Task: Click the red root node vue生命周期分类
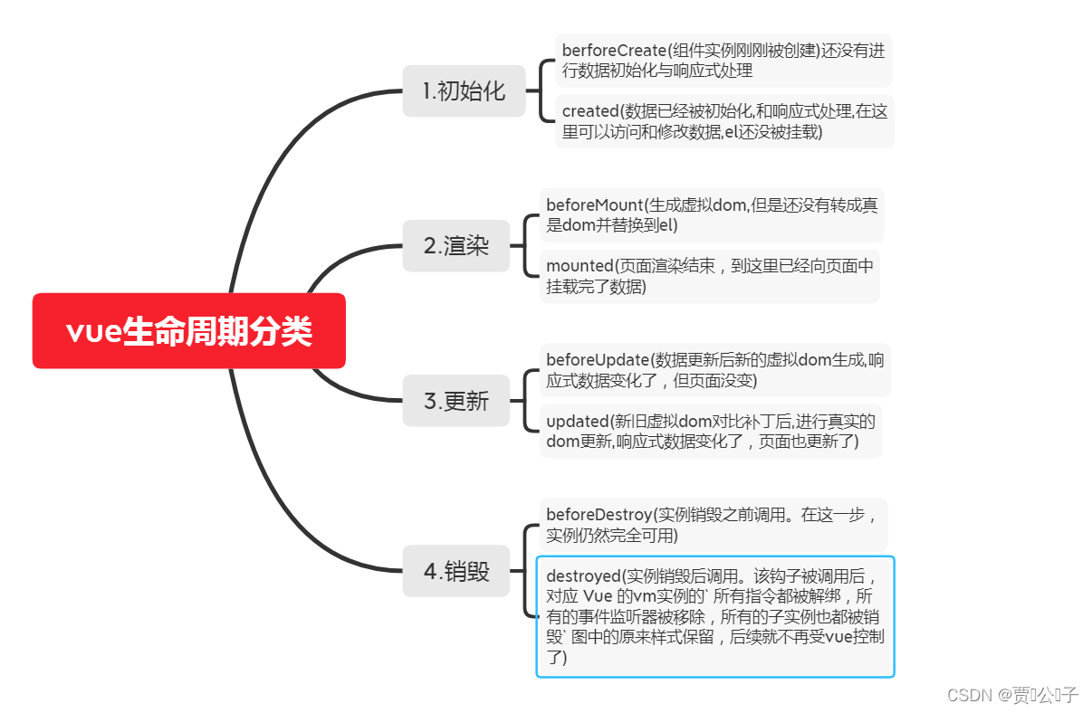click(x=188, y=331)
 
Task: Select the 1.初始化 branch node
click(x=464, y=90)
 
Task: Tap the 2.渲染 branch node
click(x=456, y=245)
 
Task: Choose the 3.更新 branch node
click(x=456, y=401)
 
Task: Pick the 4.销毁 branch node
click(x=456, y=571)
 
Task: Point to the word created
click(x=589, y=111)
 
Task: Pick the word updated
click(x=576, y=421)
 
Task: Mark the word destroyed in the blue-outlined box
click(x=583, y=576)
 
